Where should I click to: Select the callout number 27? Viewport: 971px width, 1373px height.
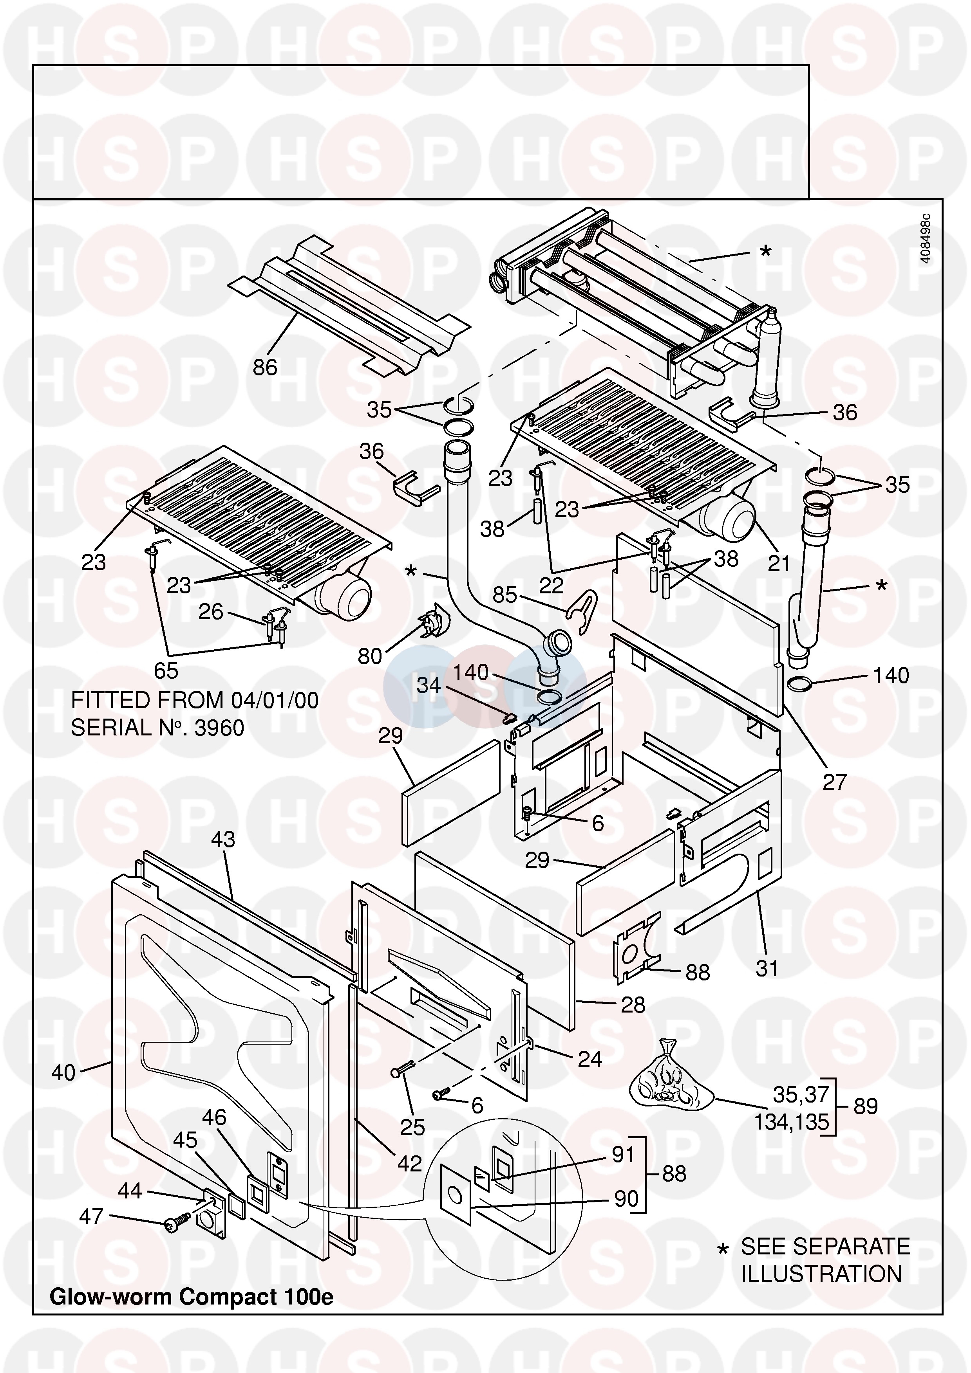[835, 782]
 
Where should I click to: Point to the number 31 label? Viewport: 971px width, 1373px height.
[767, 968]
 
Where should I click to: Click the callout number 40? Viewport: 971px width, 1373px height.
[63, 1072]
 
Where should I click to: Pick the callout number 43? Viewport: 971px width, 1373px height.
[223, 840]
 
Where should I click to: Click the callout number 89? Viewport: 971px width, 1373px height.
[866, 1106]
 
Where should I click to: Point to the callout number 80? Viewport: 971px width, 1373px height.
[370, 656]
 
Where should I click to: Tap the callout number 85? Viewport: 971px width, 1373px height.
[504, 595]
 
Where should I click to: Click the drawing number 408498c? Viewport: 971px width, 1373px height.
[926, 238]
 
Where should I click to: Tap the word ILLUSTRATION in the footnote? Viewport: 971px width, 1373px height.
[821, 1274]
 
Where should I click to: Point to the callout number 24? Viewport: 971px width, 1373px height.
[589, 1059]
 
